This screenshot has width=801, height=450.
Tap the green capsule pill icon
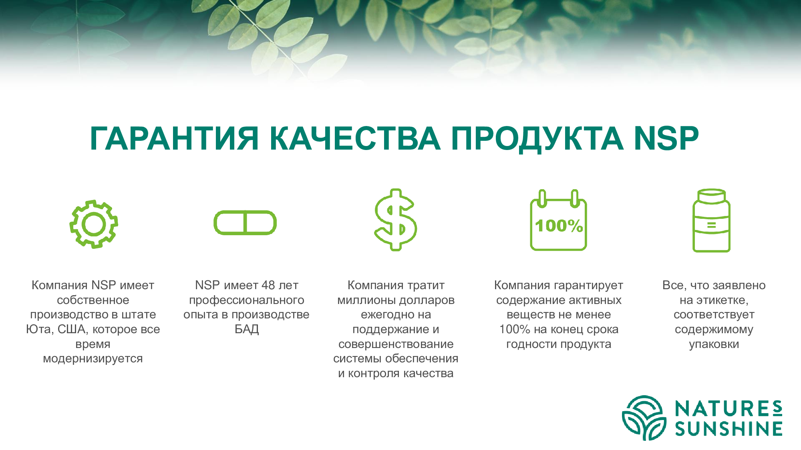point(245,212)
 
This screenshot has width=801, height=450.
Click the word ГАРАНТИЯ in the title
point(174,138)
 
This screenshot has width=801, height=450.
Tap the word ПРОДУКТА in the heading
point(537,139)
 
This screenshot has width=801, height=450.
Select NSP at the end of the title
point(666,138)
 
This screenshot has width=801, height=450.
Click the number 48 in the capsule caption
point(268,285)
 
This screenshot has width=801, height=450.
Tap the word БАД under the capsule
point(247,329)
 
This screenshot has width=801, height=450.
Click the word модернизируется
point(93,359)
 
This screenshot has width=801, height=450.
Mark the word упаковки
point(714,344)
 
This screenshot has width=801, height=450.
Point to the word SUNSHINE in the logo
point(729,429)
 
